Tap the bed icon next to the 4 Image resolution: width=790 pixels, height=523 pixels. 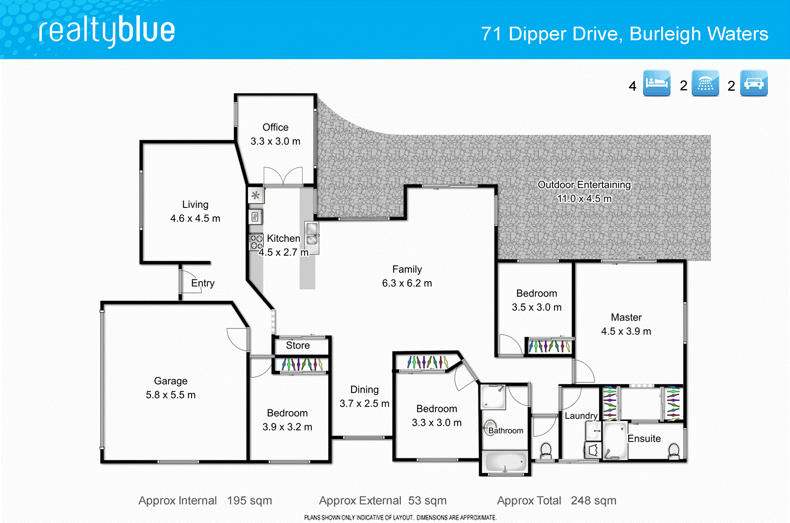click(x=657, y=83)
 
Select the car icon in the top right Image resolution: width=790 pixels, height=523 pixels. click(x=753, y=83)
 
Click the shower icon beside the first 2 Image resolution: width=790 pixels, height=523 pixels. click(x=705, y=83)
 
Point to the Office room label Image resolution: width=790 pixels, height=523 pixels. click(x=275, y=127)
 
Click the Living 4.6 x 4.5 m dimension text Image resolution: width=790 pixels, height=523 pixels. click(x=195, y=218)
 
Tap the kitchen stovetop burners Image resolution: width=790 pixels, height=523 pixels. click(x=256, y=241)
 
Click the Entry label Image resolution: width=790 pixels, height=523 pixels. click(x=202, y=283)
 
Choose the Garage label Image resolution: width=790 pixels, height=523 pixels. click(x=170, y=381)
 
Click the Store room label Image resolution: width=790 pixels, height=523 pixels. click(x=298, y=345)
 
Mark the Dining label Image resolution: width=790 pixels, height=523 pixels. click(x=364, y=390)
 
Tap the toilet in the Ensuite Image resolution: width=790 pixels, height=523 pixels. click(x=673, y=450)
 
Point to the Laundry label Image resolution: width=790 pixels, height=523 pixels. click(x=581, y=416)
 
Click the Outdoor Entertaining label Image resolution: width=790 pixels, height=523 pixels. click(x=584, y=185)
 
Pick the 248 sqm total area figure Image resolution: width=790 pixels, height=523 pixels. click(x=593, y=500)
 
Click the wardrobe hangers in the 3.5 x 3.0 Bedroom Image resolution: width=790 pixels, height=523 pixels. click(x=549, y=346)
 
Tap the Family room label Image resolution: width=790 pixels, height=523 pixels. click(x=407, y=269)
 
